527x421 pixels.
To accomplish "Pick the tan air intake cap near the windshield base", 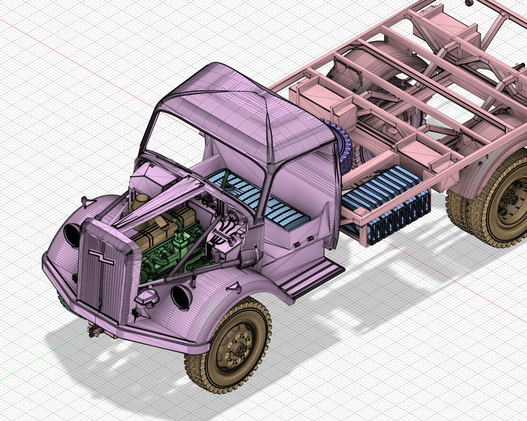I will (x=138, y=201).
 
